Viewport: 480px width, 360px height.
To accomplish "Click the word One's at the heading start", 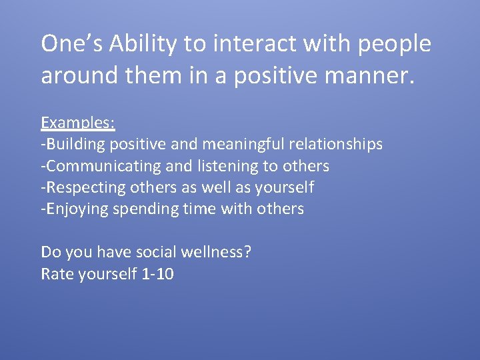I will point(71,44).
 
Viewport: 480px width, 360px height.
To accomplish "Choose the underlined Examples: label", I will point(78,123).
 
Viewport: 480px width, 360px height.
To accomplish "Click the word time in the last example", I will point(195,209).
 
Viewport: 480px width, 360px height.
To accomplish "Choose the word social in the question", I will point(156,252).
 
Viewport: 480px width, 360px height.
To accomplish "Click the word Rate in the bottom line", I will point(56,273).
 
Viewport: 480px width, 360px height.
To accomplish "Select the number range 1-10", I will point(158,273).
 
